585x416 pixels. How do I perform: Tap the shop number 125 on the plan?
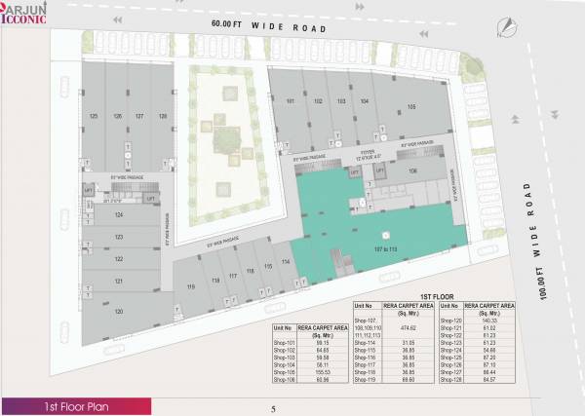[94, 116]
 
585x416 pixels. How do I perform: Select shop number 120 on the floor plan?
[118, 311]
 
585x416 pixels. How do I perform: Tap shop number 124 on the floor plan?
[118, 214]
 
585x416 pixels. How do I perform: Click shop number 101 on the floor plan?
[291, 101]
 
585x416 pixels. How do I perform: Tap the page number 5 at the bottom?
[274, 407]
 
